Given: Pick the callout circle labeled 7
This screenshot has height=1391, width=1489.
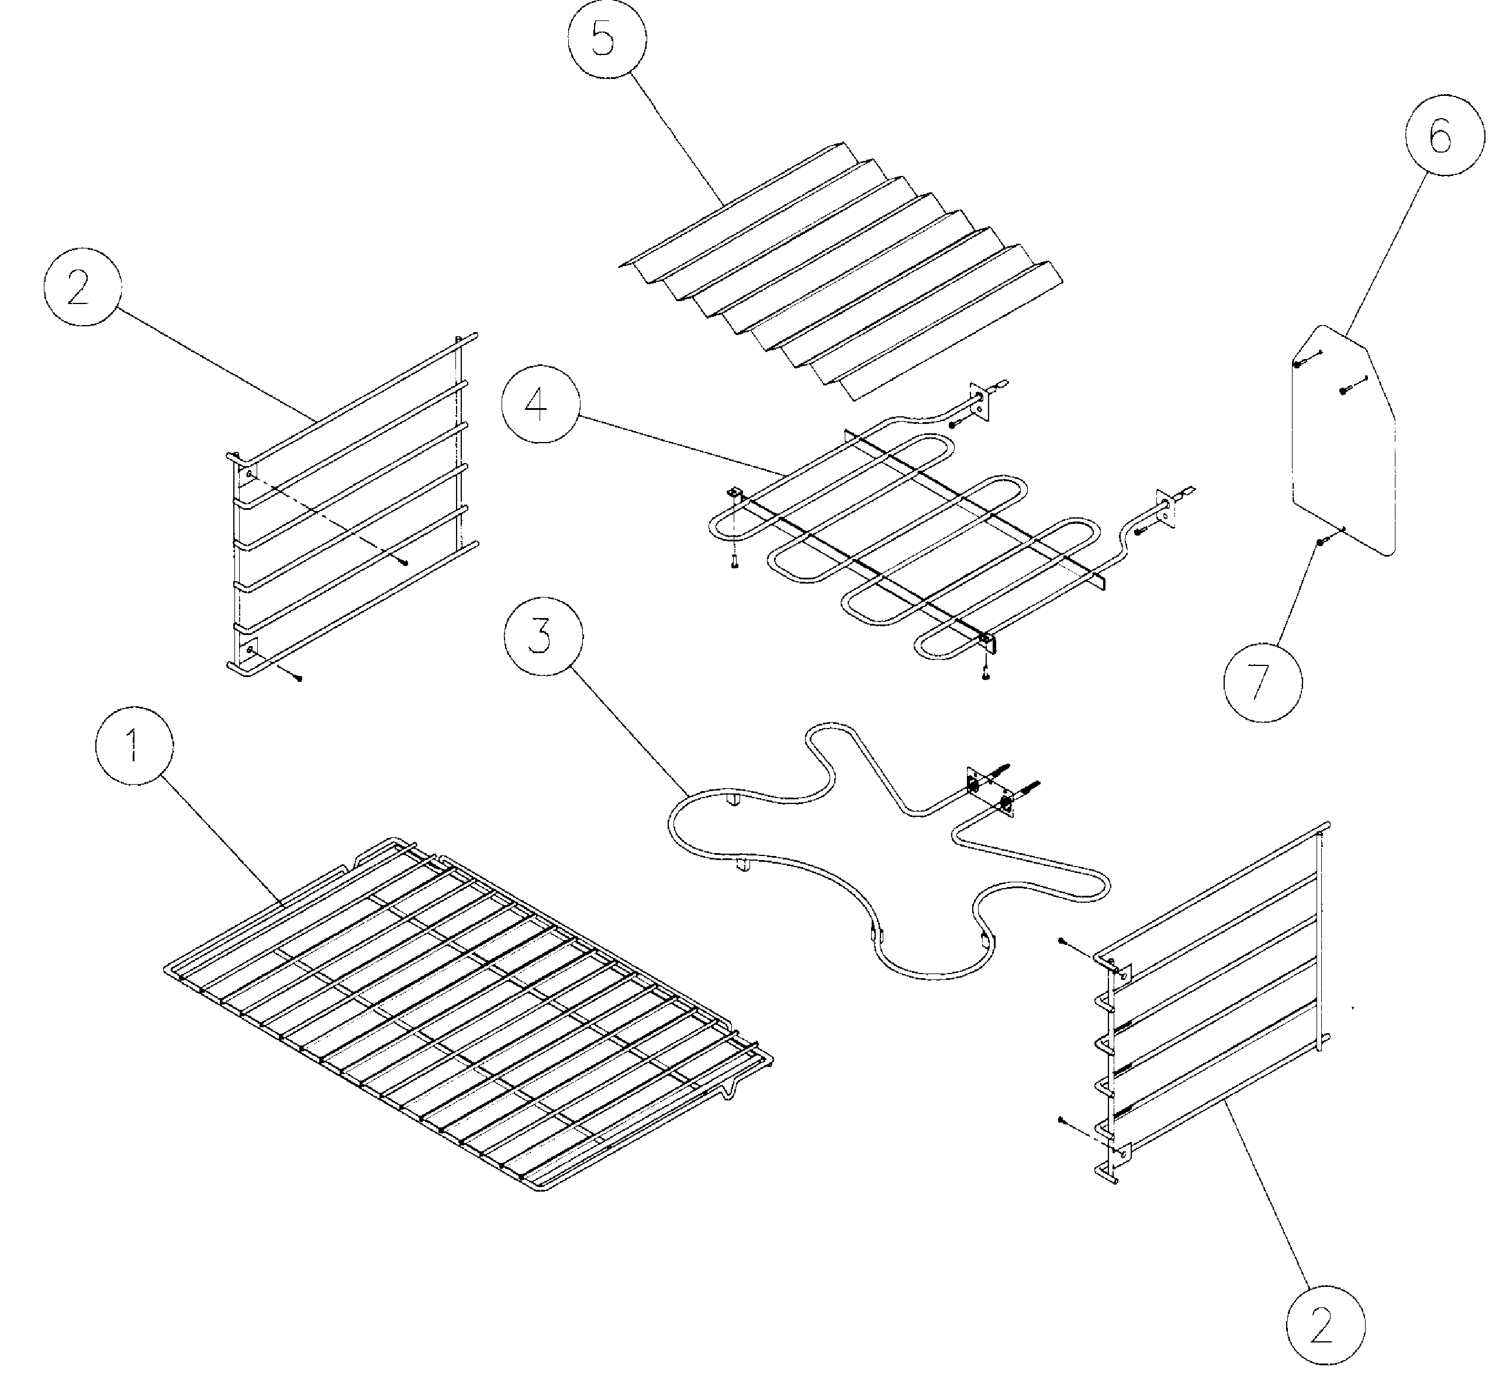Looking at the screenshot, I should tap(1263, 682).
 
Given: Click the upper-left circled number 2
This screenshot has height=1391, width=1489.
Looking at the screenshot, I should tap(82, 287).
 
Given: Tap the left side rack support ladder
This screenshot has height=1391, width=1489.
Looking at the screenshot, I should tap(352, 509).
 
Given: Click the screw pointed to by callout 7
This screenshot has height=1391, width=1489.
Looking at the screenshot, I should tap(1321, 541).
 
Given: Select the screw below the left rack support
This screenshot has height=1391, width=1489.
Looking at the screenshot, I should tap(299, 678).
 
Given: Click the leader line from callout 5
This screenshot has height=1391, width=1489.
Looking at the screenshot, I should tap(674, 135).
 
